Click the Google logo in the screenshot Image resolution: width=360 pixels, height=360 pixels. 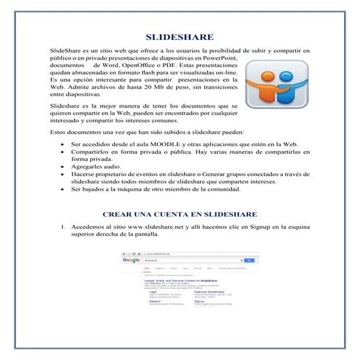point(131,260)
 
